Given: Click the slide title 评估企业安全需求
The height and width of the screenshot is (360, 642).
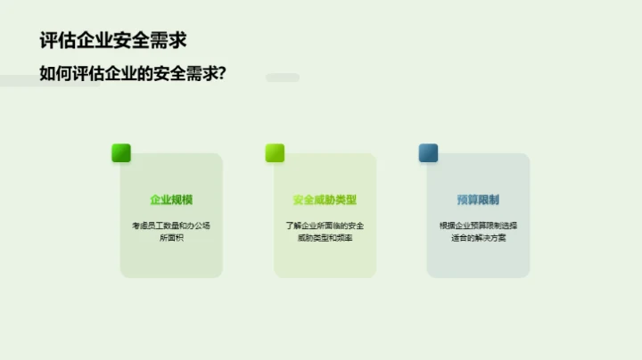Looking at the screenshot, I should [x=113, y=40].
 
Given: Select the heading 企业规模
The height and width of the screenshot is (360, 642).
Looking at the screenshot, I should [x=171, y=200].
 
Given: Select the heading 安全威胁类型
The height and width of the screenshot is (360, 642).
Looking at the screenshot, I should [x=325, y=200].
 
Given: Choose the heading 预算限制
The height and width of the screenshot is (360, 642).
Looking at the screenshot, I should [x=478, y=200].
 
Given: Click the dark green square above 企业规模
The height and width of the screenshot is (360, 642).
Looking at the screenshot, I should [x=121, y=152].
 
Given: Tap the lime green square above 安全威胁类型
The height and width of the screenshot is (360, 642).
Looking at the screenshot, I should [x=275, y=152].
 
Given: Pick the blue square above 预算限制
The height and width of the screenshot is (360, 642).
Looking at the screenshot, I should [x=428, y=152].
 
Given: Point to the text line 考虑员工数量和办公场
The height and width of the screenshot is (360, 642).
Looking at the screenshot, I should [x=171, y=225].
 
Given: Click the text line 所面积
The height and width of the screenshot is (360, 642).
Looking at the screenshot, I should [x=171, y=239].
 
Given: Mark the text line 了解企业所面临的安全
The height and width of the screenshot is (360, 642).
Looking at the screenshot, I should [x=325, y=225].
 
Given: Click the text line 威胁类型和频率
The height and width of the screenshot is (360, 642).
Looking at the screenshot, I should [x=325, y=239].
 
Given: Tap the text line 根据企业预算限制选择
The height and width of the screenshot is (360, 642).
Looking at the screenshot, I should [x=478, y=225].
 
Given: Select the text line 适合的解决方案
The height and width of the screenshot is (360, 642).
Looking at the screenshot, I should [x=478, y=239].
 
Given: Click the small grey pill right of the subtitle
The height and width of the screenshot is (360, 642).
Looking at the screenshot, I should [x=283, y=78].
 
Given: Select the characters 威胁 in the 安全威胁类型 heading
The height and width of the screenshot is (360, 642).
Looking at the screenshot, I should [x=325, y=200].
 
